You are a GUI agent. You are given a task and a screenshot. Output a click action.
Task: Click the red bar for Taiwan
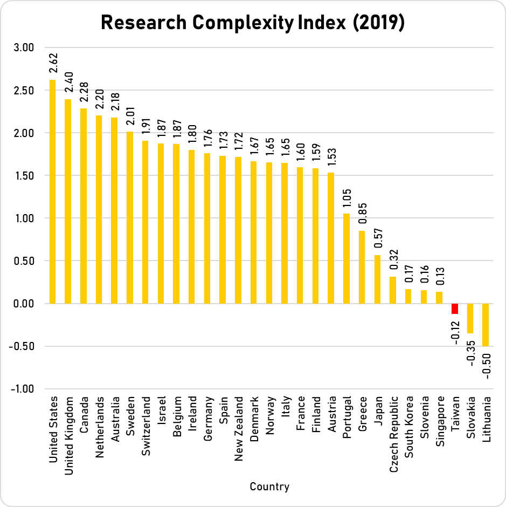[x=455, y=309]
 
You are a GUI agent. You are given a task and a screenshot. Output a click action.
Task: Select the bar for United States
[x=52, y=191]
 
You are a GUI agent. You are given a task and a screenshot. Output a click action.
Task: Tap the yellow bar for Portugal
[x=346, y=258]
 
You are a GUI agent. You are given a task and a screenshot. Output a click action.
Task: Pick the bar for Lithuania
[x=486, y=325]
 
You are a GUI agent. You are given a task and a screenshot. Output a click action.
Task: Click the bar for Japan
[x=377, y=279]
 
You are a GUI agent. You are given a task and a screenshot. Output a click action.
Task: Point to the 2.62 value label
[x=53, y=64]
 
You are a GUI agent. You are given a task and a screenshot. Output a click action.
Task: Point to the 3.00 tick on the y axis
[x=23, y=47]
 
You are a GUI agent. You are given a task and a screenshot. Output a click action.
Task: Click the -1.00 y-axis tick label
[x=21, y=389]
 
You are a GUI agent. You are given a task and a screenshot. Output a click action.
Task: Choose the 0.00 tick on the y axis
[x=23, y=304]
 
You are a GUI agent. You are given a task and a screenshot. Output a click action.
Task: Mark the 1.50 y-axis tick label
[x=23, y=175]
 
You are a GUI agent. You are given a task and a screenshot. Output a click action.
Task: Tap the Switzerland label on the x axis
[x=146, y=428]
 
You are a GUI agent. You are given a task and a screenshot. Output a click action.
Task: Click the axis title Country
[x=269, y=487]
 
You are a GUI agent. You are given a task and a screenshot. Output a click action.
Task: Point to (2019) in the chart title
[x=377, y=23]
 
